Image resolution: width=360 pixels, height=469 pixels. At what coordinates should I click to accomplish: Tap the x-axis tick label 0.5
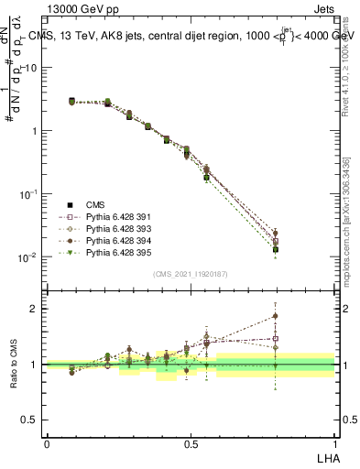click(191, 442)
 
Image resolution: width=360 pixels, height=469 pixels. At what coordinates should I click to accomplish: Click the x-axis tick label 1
click(336, 442)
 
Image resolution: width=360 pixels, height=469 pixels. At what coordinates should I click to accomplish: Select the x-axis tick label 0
click(47, 442)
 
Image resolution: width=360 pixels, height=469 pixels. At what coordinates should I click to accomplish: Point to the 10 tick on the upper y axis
click(33, 68)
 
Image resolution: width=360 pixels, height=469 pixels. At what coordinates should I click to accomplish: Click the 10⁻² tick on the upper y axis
click(30, 257)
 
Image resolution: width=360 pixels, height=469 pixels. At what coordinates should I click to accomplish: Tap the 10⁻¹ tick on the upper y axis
click(30, 194)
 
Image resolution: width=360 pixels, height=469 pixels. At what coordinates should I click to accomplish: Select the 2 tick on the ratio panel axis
click(37, 309)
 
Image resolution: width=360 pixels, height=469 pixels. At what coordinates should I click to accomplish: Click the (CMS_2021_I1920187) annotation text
click(191, 273)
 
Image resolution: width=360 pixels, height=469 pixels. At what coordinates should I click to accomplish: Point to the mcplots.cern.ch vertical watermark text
click(349, 229)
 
